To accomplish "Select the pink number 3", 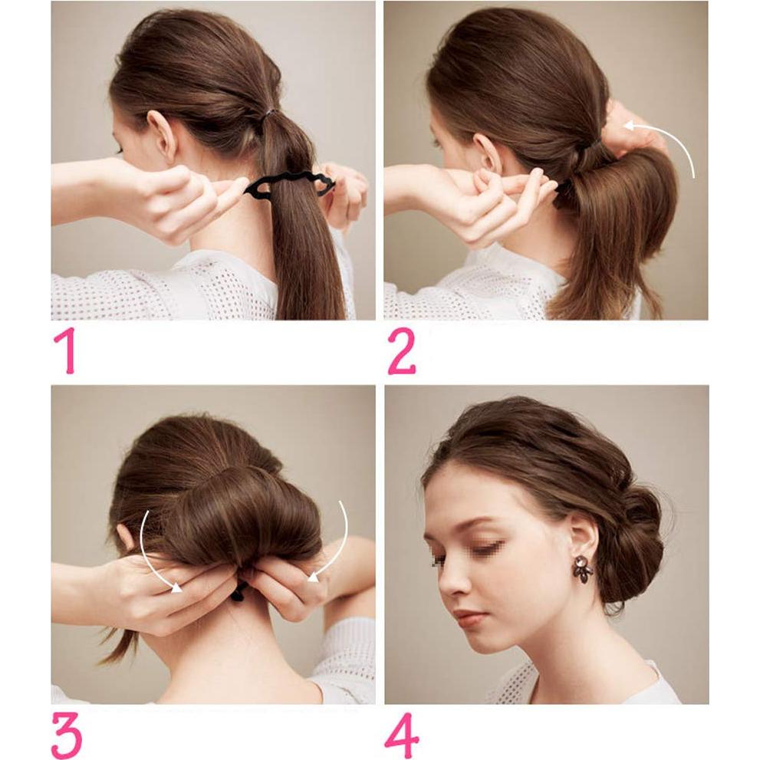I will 66,735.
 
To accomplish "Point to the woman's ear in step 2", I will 488,153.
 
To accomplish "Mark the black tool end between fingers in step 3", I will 240,591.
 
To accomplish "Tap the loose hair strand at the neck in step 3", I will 115,648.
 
